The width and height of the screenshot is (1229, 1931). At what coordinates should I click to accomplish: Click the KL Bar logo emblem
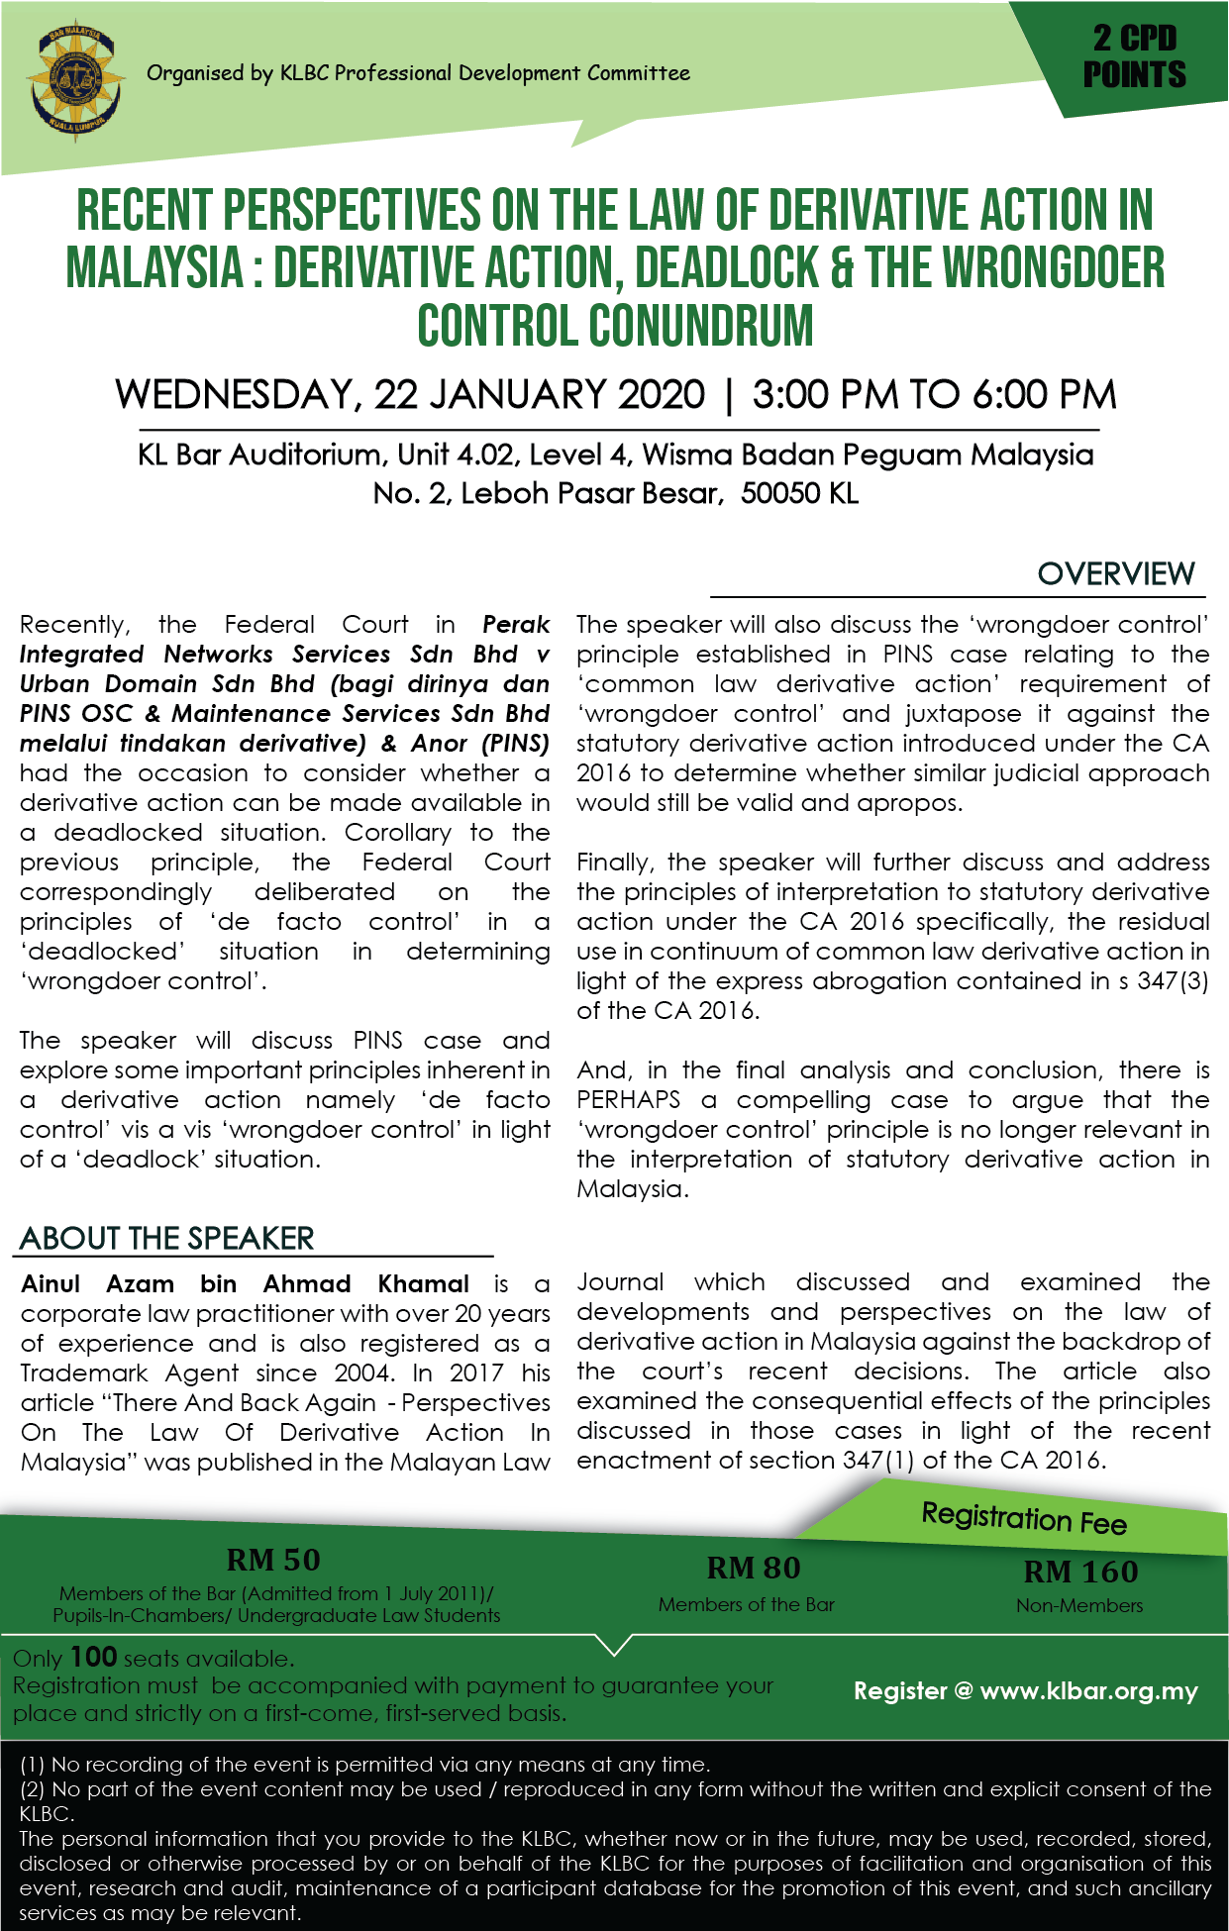point(77,82)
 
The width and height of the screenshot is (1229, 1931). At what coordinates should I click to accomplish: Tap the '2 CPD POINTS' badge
point(1134,57)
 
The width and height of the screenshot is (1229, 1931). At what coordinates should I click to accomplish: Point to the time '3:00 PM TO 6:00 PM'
point(934,394)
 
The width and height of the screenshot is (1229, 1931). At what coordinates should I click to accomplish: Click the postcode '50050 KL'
point(799,493)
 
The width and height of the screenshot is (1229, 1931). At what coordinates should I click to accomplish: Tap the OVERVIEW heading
point(1116,573)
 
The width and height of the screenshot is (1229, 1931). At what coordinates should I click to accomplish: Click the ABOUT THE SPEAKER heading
point(166,1238)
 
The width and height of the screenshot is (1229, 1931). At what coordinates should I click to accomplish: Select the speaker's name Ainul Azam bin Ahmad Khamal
point(245,1284)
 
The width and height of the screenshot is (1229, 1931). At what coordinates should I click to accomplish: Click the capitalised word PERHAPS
point(629,1100)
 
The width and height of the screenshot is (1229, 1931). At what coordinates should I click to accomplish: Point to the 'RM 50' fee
point(273,1560)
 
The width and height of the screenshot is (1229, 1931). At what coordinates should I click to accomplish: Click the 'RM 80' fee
point(753,1568)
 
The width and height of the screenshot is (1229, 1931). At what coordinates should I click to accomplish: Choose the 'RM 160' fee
point(1080,1572)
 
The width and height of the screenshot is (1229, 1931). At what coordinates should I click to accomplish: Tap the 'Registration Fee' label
point(1024,1518)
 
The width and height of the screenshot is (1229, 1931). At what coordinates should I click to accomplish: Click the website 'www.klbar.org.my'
point(1088,1691)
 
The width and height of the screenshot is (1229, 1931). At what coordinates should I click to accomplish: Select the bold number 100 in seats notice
point(94,1658)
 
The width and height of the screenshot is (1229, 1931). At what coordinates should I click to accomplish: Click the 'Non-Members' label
point(1079,1605)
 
